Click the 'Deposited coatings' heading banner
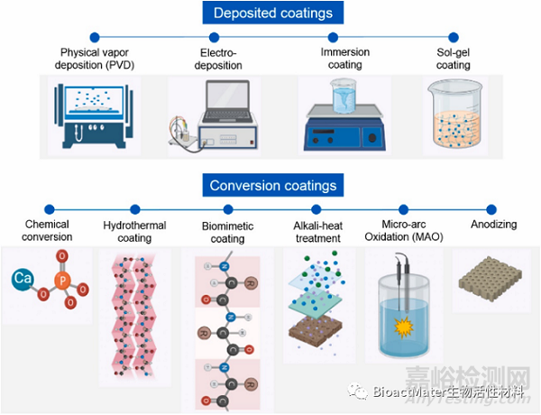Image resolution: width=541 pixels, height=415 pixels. click(270, 14)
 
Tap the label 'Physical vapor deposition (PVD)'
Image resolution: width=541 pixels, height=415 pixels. click(94, 59)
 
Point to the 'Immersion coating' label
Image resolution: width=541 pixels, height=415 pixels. click(339, 59)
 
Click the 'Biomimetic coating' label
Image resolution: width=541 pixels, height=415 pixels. click(226, 232)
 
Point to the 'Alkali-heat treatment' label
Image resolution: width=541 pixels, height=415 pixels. click(316, 232)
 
